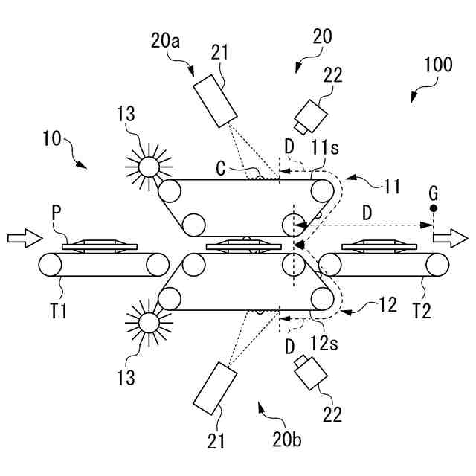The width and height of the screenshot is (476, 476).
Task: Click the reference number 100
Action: [438, 64]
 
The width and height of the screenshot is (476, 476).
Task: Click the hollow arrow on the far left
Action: [22, 238]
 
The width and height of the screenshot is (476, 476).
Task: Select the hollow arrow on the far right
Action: [452, 238]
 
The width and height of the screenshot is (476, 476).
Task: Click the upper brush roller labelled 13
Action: [148, 165]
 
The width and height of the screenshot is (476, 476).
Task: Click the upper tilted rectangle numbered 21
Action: [216, 100]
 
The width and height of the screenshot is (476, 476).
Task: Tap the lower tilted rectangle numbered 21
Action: [214, 387]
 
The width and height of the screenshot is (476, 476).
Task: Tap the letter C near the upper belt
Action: [221, 169]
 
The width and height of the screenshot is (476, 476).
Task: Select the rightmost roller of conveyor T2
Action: [438, 264]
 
